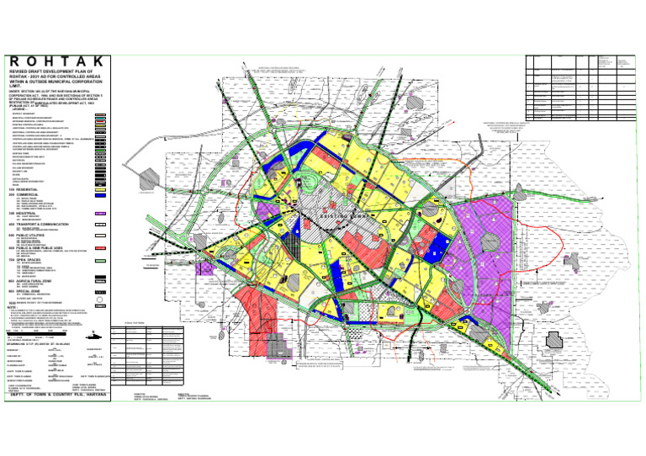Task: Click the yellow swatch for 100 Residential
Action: (99, 190)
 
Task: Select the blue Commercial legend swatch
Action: (99, 196)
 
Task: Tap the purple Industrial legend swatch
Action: (99, 215)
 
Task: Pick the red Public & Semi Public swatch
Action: (99, 249)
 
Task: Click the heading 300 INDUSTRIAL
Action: (24, 214)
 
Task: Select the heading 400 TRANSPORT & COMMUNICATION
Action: (43, 225)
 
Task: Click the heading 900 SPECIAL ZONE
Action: (24, 290)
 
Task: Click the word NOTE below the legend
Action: (13, 308)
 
